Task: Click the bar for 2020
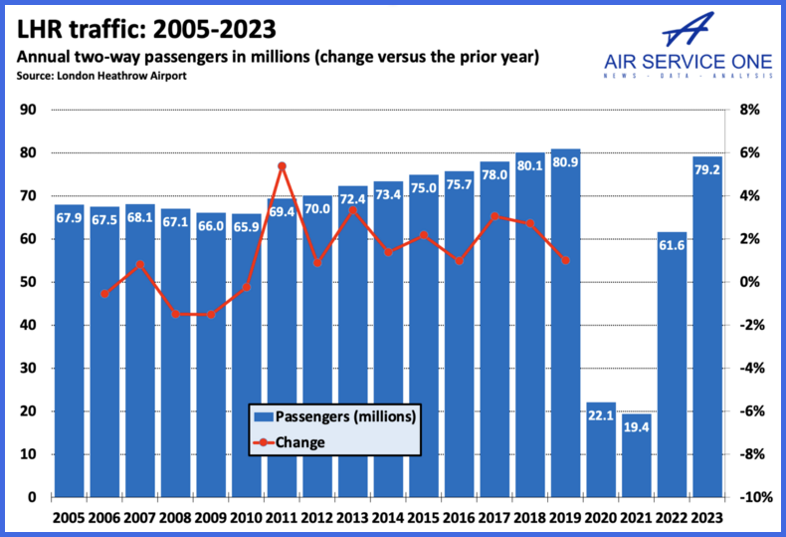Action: point(601,449)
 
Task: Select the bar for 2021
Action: point(637,455)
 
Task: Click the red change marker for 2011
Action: point(282,166)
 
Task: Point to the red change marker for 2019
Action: point(565,261)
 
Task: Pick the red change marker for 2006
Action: point(104,294)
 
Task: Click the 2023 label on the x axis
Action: point(707,518)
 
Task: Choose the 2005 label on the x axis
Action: point(69,518)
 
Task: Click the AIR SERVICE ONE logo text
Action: point(688,62)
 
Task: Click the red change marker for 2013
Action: point(352,210)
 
